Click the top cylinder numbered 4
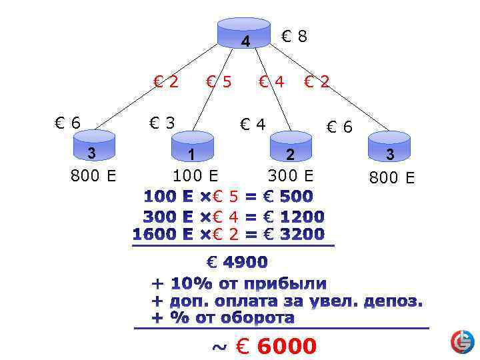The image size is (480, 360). click(x=245, y=34)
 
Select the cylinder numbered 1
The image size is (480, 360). click(x=192, y=147)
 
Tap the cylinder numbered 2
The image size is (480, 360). click(x=290, y=146)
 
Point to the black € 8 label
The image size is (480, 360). click(x=294, y=37)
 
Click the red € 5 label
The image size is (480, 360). click(x=219, y=82)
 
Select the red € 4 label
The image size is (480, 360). click(x=271, y=82)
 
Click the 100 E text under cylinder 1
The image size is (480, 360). click(x=195, y=176)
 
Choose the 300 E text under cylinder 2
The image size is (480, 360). click(x=290, y=176)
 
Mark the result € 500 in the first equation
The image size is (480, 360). click(x=287, y=197)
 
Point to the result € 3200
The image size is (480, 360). click(x=293, y=235)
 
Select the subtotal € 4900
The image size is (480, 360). click(x=237, y=262)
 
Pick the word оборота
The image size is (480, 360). click(x=255, y=318)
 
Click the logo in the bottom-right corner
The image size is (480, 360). click(x=462, y=341)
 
